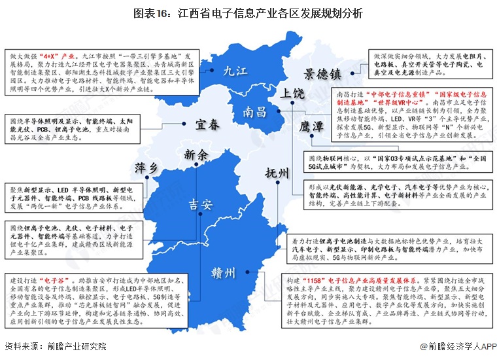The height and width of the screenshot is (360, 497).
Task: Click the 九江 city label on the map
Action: (235, 70)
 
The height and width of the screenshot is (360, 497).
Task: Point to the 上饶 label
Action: (292, 93)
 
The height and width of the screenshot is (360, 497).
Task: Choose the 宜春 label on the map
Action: (209, 125)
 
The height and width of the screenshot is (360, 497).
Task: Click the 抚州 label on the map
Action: (277, 173)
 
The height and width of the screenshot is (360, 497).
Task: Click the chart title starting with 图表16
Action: (248, 13)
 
